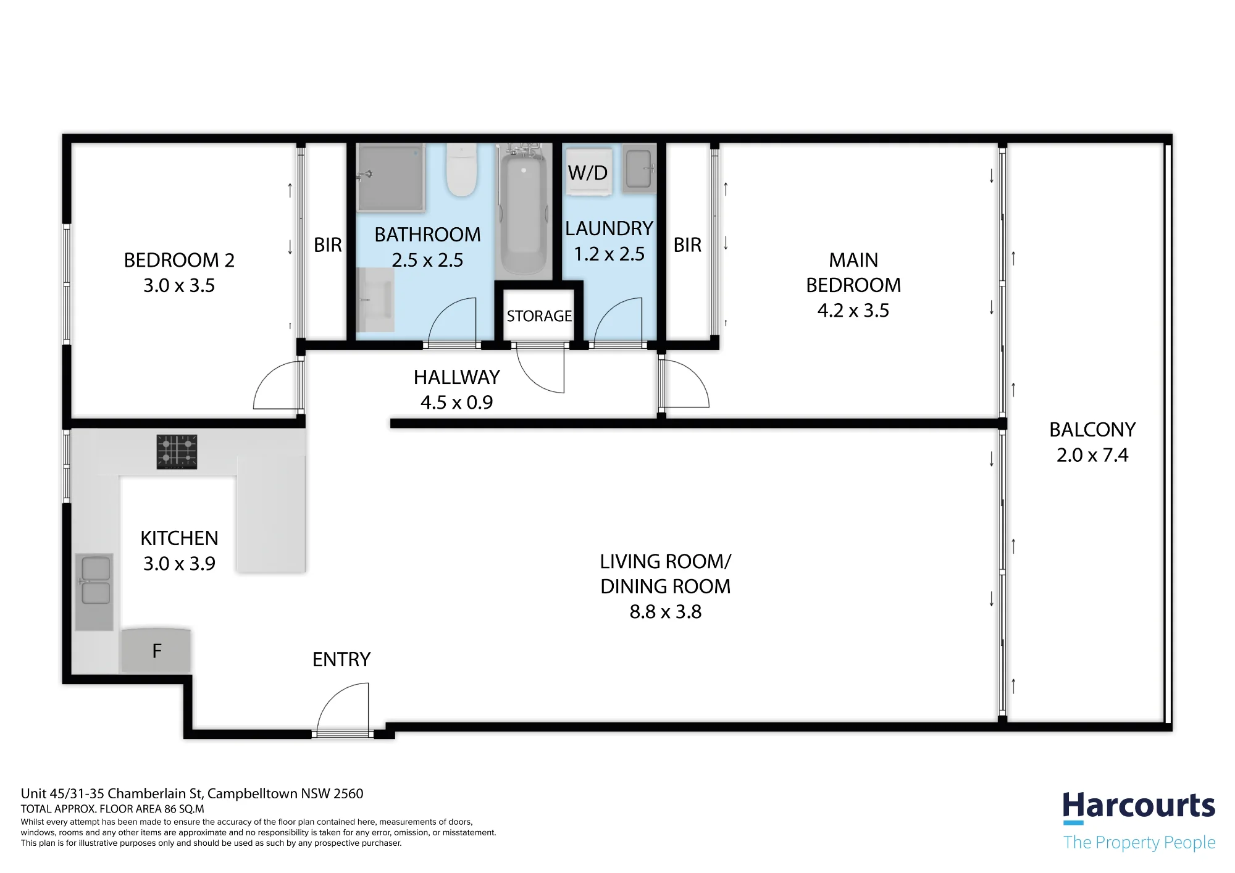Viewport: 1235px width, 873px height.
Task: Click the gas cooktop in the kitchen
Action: (x=177, y=451)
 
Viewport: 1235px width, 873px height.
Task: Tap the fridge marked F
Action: (x=156, y=650)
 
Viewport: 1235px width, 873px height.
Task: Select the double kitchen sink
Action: (x=94, y=591)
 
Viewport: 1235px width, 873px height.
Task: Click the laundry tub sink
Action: (x=639, y=169)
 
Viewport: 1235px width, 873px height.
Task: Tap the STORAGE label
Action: (x=539, y=316)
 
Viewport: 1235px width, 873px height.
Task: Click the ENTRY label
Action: (x=341, y=659)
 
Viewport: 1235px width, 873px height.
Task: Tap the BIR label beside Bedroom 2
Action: (x=327, y=245)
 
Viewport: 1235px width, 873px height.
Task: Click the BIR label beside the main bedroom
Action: (x=687, y=245)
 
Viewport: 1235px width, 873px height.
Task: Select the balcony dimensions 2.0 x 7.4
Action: (x=1092, y=455)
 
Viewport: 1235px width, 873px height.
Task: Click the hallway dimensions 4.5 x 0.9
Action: (x=456, y=403)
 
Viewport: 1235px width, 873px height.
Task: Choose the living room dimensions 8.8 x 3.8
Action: (x=666, y=612)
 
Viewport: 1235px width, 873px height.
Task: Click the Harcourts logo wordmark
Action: (x=1139, y=806)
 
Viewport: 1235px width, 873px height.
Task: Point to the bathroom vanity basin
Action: (x=376, y=300)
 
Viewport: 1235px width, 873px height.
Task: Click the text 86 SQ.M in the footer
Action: (x=184, y=809)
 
